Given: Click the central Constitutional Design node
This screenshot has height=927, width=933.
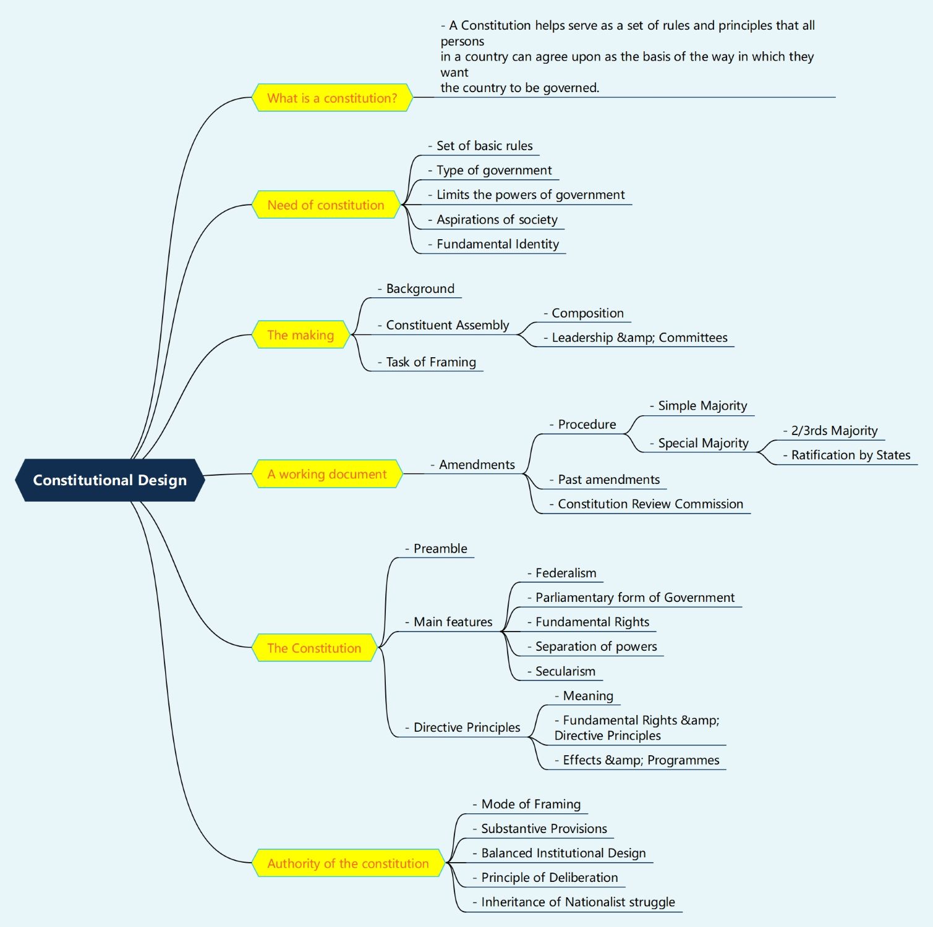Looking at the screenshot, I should click(109, 480).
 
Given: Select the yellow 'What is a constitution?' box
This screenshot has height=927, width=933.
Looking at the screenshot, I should click(332, 98).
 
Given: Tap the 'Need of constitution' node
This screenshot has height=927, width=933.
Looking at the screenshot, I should click(326, 205).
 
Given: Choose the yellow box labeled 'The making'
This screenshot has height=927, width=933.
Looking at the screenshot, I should click(300, 335).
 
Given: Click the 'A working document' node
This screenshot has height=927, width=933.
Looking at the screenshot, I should click(327, 474).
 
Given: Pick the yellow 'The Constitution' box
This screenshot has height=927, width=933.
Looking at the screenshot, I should click(314, 648).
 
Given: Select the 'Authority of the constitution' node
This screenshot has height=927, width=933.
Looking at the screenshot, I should click(348, 863).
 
